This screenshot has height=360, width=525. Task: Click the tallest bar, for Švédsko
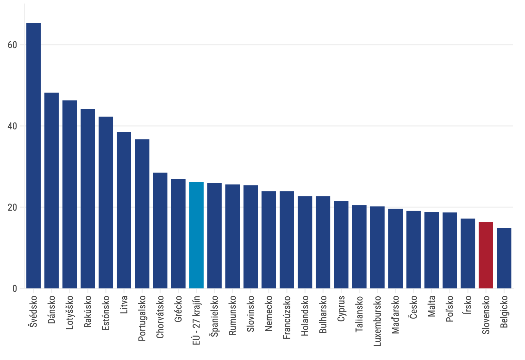[33, 156]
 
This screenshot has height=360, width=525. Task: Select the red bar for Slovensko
[486, 255]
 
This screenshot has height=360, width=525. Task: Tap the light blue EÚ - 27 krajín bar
[196, 235]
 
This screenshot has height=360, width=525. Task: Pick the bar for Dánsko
[52, 190]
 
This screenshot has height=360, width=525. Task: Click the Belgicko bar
[504, 258]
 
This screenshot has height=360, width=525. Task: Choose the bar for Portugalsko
[142, 214]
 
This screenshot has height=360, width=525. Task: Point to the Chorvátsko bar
[160, 231]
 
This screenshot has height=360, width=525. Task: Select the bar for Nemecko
[269, 240]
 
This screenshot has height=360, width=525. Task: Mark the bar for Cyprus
[341, 245]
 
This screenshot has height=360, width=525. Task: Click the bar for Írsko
[468, 253]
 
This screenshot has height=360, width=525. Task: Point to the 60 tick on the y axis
[12, 45]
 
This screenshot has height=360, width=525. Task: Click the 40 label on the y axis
[12, 126]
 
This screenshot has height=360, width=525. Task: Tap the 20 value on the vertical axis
[12, 208]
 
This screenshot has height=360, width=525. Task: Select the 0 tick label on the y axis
[15, 289]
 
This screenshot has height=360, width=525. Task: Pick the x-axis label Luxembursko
[377, 321]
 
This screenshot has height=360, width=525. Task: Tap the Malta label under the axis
[432, 306]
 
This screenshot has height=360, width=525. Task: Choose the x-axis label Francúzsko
[287, 317]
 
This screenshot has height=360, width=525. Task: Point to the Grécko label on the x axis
[178, 309]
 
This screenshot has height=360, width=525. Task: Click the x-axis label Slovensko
[486, 315]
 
